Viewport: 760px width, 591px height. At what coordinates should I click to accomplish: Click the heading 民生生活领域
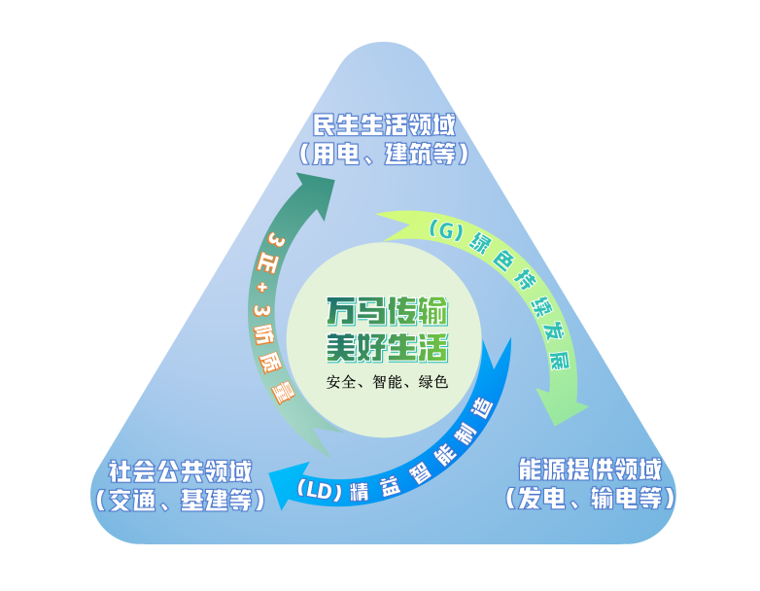tap(384, 125)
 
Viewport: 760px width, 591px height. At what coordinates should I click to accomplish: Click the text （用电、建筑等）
tap(384, 154)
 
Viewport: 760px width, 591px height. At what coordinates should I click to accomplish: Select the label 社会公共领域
tap(180, 471)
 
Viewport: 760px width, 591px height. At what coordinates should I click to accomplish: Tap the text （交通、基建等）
tap(180, 500)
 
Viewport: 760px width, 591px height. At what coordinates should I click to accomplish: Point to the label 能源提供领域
tap(590, 469)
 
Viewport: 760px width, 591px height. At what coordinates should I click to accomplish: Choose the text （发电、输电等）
tap(590, 498)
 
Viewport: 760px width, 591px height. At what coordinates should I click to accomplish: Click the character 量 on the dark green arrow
tap(285, 394)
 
